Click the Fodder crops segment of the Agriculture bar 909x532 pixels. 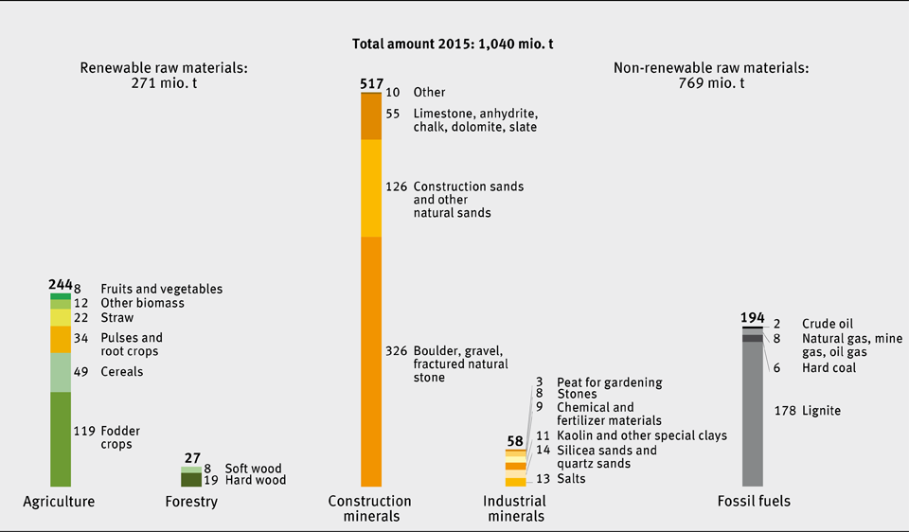pyautogui.click(x=61, y=437)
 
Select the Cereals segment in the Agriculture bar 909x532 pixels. pyautogui.click(x=61, y=372)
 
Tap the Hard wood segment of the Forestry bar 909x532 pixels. pyautogui.click(x=190, y=480)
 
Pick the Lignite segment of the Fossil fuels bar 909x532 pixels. pyautogui.click(x=753, y=413)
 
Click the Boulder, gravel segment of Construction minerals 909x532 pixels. pyautogui.click(x=371, y=360)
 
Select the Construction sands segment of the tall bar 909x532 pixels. pyautogui.click(x=371, y=187)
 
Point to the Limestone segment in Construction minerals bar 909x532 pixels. pyautogui.click(x=371, y=117)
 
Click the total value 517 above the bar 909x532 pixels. pyautogui.click(x=371, y=83)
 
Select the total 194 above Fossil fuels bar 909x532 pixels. pyautogui.click(x=753, y=317)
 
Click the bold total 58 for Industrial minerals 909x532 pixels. pyautogui.click(x=515, y=441)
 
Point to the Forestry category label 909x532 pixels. pyautogui.click(x=191, y=502)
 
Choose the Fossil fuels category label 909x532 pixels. pyautogui.click(x=754, y=501)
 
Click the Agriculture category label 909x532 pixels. pyautogui.click(x=59, y=502)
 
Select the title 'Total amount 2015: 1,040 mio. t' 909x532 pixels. pyautogui.click(x=454, y=44)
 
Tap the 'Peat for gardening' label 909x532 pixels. pyautogui.click(x=609, y=382)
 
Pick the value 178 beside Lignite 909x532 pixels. pyautogui.click(x=784, y=411)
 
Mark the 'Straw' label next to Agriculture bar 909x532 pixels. pyautogui.click(x=116, y=318)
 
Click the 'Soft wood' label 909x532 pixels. pyautogui.click(x=253, y=469)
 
